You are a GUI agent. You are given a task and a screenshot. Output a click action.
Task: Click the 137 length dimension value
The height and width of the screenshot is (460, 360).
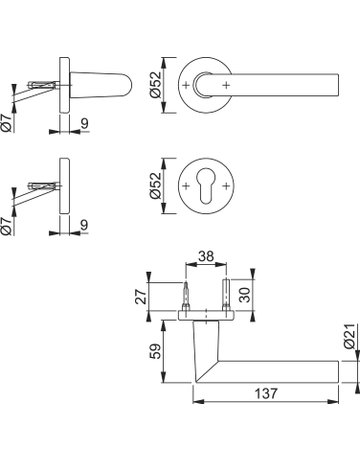266,393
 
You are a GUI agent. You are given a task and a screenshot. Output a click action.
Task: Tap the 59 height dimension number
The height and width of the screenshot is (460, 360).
156,351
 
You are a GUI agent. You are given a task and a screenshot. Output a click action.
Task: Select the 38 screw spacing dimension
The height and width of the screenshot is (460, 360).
206,256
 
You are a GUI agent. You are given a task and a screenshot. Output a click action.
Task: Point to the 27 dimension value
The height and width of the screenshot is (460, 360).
142,296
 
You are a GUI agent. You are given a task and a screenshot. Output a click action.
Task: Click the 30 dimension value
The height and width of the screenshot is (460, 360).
245,295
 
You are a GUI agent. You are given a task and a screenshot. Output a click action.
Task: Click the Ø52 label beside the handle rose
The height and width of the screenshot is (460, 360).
156,85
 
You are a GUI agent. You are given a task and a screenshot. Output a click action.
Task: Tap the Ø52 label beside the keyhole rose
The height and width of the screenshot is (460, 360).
156,186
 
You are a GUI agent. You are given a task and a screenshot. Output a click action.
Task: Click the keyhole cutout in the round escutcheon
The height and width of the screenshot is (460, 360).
206,185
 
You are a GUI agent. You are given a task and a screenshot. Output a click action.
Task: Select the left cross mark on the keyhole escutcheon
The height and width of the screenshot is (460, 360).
186,186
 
